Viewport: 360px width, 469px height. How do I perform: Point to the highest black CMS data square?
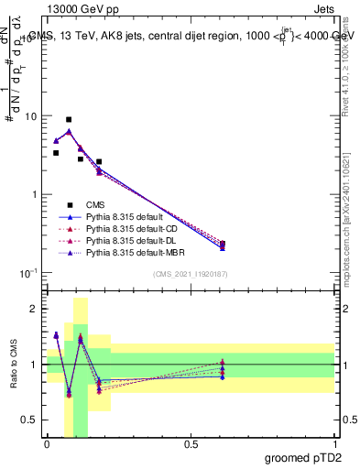[69, 119]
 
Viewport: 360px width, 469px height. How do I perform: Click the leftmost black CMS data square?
[56, 153]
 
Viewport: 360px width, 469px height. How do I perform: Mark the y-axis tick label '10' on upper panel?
[30, 117]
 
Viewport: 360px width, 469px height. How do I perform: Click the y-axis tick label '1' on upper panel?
[34, 195]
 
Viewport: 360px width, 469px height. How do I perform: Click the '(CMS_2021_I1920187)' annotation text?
[191, 274]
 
